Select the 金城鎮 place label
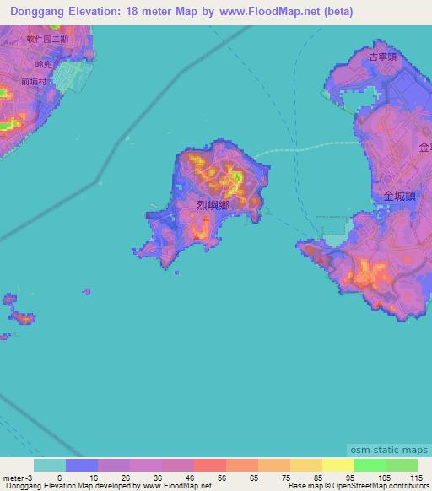pyautogui.click(x=400, y=195)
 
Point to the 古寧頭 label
pyautogui.click(x=382, y=57)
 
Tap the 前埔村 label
pyautogui.click(x=36, y=82)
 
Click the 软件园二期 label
pyautogui.click(x=46, y=39)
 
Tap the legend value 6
pyautogui.click(x=58, y=478)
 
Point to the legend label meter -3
pyautogui.click(x=17, y=478)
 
